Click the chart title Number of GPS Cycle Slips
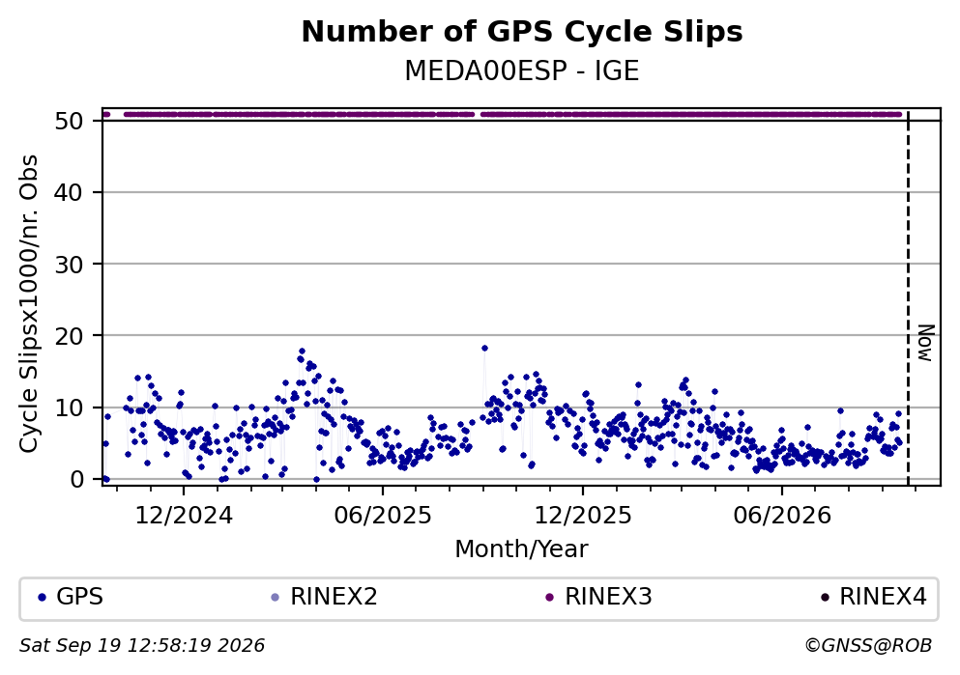[x=522, y=32]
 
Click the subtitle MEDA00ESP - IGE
[x=522, y=70]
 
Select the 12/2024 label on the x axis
[x=184, y=516]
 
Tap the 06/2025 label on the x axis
[x=383, y=516]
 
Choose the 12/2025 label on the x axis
[x=583, y=516]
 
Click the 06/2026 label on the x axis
[x=782, y=516]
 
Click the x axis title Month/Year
[x=522, y=549]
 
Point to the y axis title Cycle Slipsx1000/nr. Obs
[x=29, y=303]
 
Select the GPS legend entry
[x=71, y=597]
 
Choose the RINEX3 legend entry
[x=598, y=597]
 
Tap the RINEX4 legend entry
[x=874, y=597]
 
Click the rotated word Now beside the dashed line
[x=926, y=343]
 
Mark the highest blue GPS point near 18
[x=484, y=348]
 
